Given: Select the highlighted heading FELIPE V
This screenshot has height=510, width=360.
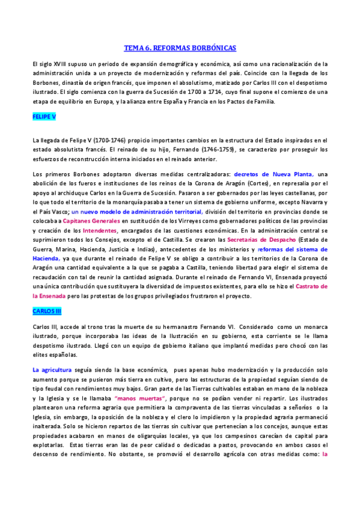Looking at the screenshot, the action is point(44,116).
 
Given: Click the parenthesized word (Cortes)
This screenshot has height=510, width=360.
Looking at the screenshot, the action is point(255,183).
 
